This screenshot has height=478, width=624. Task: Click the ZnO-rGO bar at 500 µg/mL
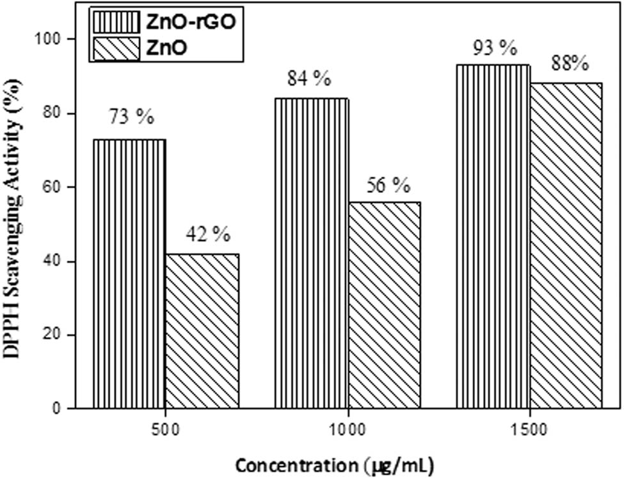click(x=129, y=274)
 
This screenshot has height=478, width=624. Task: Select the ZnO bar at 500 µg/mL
click(x=202, y=331)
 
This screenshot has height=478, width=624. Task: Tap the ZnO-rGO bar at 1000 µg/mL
click(x=311, y=253)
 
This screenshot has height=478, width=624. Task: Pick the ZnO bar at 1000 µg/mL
click(x=384, y=305)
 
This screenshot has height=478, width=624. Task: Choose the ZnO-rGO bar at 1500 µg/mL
click(x=493, y=236)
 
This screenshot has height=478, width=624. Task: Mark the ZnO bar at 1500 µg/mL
click(x=566, y=245)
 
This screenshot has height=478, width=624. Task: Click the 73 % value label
click(x=131, y=118)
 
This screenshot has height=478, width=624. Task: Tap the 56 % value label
click(x=386, y=186)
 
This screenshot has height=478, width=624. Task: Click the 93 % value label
click(x=493, y=47)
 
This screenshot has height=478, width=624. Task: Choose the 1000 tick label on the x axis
click(x=348, y=429)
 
